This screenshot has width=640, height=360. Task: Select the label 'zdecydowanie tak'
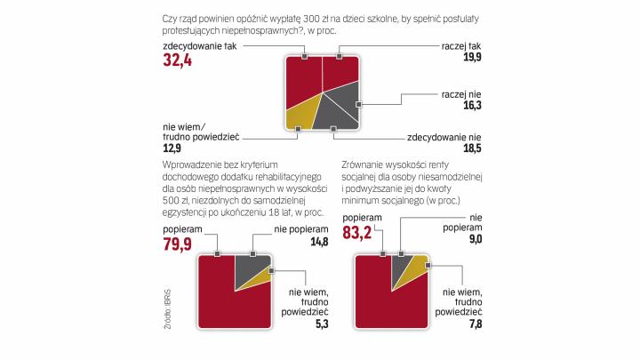point(192,46)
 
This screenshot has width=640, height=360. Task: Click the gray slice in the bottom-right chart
point(399,269)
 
